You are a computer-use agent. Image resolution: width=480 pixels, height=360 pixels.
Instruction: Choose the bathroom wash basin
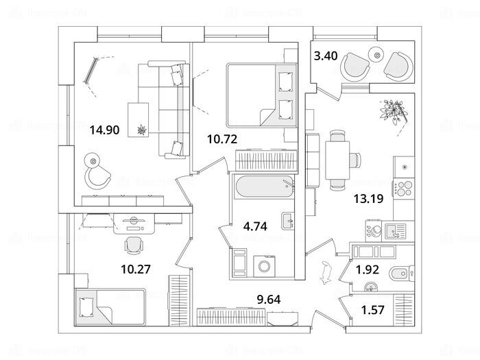pos(289,221)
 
